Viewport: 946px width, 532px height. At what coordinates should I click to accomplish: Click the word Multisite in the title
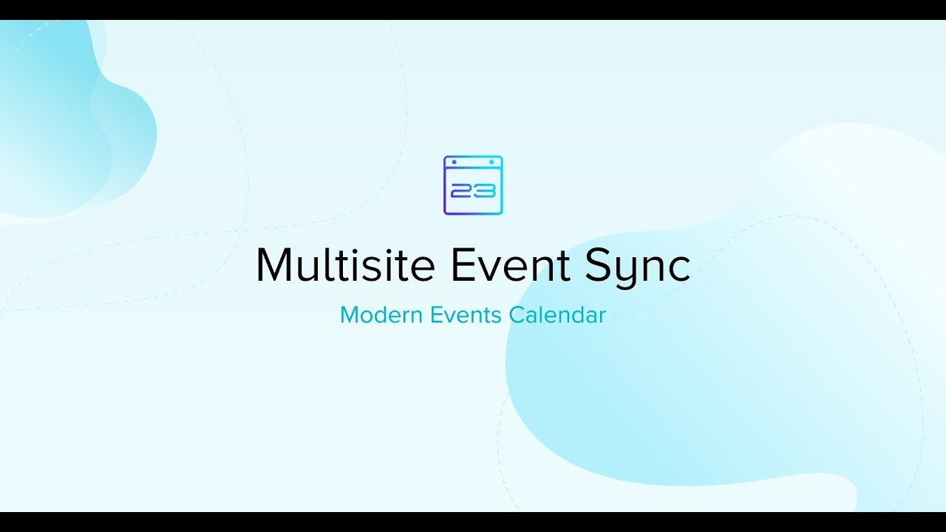[345, 265]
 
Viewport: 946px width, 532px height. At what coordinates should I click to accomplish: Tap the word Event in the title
[510, 265]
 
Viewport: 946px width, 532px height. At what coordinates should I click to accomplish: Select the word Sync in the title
[638, 268]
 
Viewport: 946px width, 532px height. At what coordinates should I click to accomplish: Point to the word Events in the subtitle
[466, 315]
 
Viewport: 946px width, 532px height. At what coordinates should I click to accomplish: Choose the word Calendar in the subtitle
[557, 315]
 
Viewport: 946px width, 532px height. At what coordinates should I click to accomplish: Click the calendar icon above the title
[473, 185]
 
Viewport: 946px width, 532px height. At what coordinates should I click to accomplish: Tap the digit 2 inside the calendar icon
[461, 191]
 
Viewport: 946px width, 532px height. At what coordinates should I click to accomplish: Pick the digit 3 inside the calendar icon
[484, 191]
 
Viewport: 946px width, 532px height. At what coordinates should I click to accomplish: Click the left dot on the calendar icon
[455, 162]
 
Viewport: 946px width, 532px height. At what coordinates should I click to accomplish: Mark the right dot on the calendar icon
[491, 162]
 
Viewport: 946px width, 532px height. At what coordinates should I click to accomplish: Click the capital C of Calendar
[517, 315]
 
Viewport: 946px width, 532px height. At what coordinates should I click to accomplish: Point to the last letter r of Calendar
[602, 318]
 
